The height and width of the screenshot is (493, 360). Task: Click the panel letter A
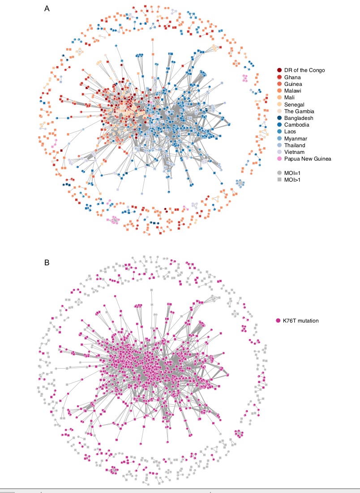[47, 8]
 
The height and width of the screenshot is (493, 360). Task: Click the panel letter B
[47, 263]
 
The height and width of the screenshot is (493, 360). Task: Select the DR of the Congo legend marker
[279, 70]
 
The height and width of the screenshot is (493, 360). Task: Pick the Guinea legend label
[293, 84]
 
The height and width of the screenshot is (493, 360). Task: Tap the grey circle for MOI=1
[279, 172]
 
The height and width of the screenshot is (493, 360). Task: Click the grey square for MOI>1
[279, 179]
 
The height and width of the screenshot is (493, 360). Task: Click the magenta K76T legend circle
[279, 320]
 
